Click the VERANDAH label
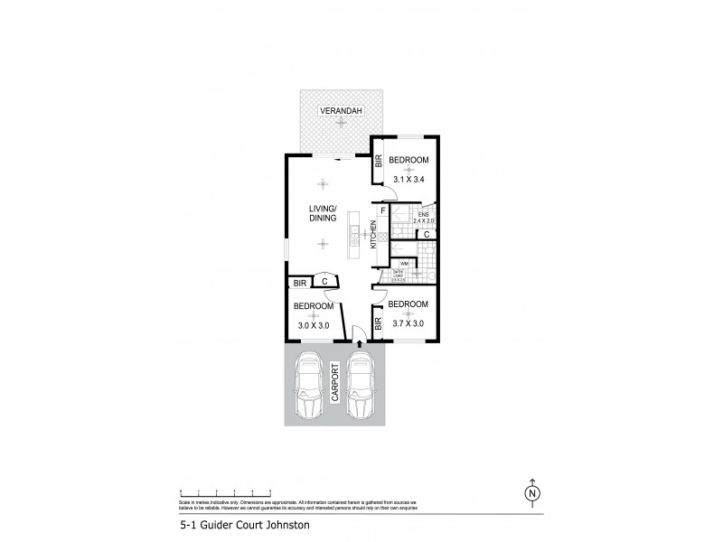tap(339, 111)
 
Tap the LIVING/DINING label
tap(323, 213)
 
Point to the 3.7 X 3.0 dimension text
tap(408, 322)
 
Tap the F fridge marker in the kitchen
tap(383, 212)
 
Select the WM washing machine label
tap(404, 263)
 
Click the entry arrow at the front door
tap(359, 341)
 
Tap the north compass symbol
tap(532, 493)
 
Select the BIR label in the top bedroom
tap(380, 163)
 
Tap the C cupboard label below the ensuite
tap(427, 235)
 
